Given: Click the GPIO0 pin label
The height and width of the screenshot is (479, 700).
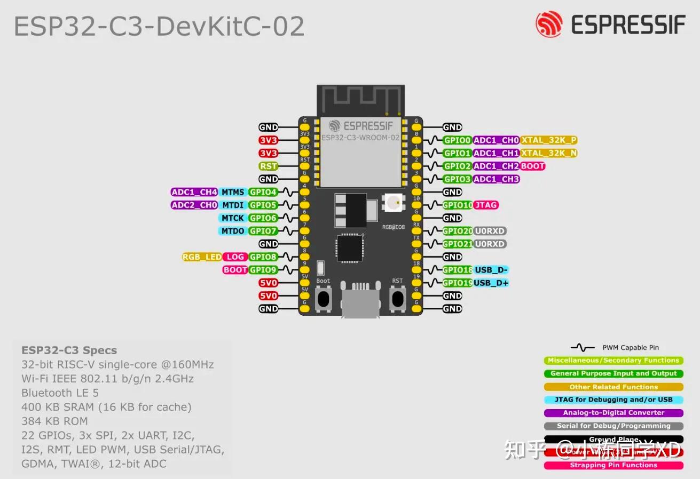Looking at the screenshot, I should (x=457, y=140).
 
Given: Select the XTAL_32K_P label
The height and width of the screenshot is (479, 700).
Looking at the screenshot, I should (x=549, y=140).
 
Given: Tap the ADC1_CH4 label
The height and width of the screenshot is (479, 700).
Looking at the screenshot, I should (x=194, y=192).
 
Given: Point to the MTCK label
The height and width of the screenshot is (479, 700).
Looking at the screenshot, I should (x=233, y=218).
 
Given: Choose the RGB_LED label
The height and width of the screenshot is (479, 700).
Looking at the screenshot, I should (x=202, y=257).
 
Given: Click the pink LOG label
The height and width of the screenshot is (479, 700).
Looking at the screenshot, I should (x=235, y=257).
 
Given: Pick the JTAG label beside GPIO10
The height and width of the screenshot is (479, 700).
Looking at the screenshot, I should (x=486, y=205).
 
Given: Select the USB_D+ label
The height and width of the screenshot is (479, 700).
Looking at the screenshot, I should (x=491, y=283).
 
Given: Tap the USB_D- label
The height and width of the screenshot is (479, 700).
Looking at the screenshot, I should (x=491, y=270).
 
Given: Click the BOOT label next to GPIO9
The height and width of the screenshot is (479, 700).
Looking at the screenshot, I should (x=235, y=270).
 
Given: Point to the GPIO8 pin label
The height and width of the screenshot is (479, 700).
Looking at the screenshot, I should (x=263, y=257).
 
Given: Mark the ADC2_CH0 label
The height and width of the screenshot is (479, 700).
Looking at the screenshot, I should (x=194, y=205).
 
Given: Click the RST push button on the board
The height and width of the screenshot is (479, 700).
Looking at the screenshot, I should (x=397, y=298).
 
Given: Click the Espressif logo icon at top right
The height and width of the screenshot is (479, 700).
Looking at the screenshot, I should (x=549, y=25).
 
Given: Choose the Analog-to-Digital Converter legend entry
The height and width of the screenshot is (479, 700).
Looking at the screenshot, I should (x=614, y=413).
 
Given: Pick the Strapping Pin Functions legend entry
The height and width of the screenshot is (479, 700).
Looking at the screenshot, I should (x=614, y=465).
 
